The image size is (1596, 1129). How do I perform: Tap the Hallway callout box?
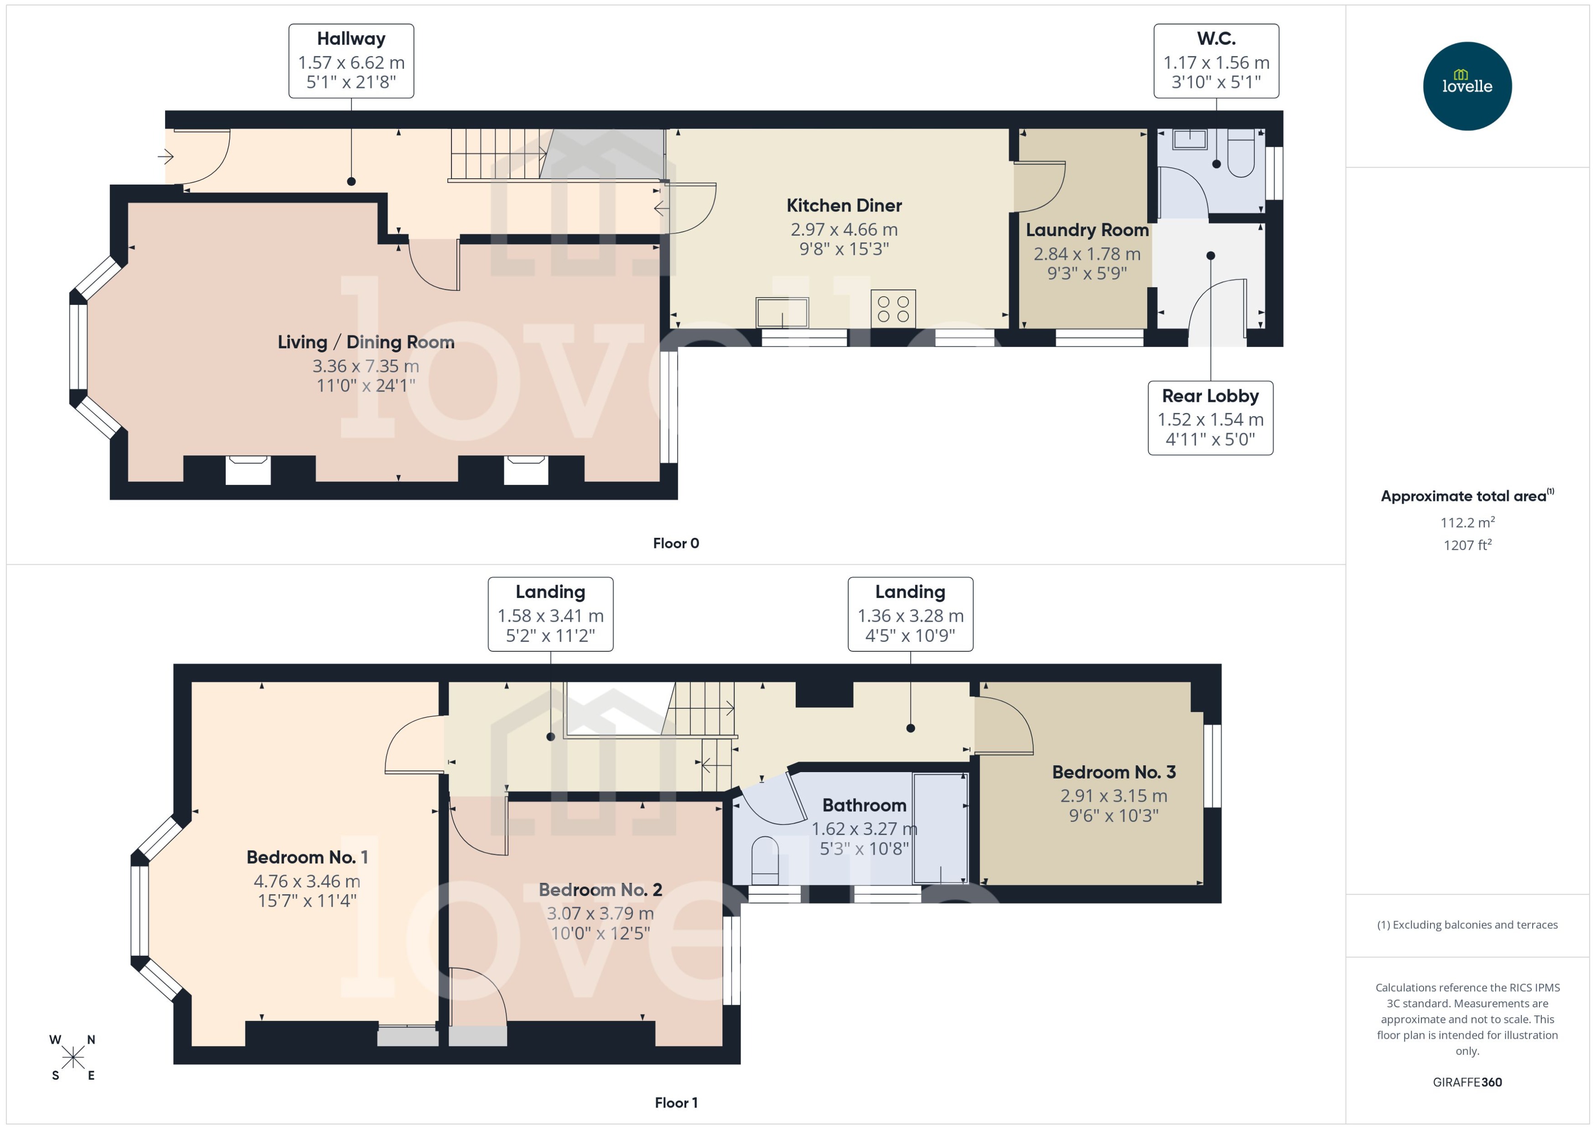pyautogui.click(x=351, y=61)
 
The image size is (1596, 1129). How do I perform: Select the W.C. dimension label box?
pyautogui.click(x=1216, y=61)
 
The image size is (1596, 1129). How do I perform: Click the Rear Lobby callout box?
pyautogui.click(x=1210, y=418)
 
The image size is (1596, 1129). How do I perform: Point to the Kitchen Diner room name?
pyautogui.click(x=844, y=206)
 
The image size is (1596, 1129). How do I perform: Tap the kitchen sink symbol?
pyautogui.click(x=782, y=312)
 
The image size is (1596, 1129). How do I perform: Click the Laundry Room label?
pyautogui.click(x=1086, y=230)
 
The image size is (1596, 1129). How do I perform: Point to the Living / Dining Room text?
pyautogui.click(x=366, y=342)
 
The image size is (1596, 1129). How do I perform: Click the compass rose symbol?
pyautogui.click(x=73, y=1057)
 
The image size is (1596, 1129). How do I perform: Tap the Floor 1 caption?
pyautogui.click(x=675, y=1103)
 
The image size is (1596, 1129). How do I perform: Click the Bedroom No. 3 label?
pyautogui.click(x=1114, y=773)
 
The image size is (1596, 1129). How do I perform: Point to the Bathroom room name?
pyautogui.click(x=864, y=805)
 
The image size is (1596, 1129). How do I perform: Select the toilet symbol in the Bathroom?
pyautogui.click(x=766, y=860)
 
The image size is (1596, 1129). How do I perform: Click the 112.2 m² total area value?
pyautogui.click(x=1466, y=522)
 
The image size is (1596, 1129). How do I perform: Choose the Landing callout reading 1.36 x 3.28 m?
pyautogui.click(x=910, y=614)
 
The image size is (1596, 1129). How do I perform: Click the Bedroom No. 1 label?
pyautogui.click(x=307, y=857)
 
